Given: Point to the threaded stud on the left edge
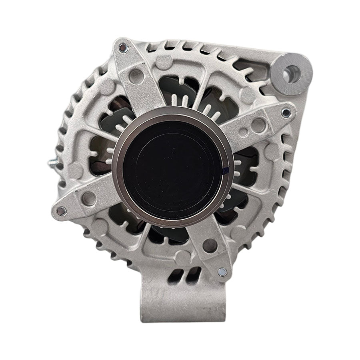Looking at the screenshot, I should coord(52,163).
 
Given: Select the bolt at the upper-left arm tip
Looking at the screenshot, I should coord(123,48).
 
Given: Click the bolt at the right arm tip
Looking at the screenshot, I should coord(286,113).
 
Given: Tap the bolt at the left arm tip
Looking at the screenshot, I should coord(61,211).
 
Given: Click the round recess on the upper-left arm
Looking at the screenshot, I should coord(136,76).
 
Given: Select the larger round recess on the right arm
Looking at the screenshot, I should coord(258,125).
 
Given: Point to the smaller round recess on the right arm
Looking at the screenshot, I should coord(243,132).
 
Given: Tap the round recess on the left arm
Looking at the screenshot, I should coord(88,198).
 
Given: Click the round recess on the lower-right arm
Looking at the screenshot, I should coord(210,245).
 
